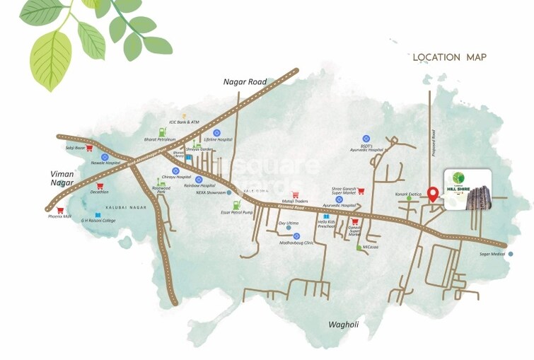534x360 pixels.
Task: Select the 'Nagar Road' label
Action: (x=245, y=82)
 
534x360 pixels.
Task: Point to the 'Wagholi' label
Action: (x=345, y=325)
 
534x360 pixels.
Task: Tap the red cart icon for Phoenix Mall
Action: (x=61, y=210)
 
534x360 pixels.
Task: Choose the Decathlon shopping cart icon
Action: (x=100, y=186)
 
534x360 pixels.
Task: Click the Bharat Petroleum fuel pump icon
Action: (x=163, y=132)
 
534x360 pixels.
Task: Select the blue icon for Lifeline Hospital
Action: (x=218, y=132)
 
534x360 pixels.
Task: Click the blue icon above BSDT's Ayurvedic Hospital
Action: (x=366, y=139)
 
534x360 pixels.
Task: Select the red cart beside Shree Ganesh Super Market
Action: (x=361, y=190)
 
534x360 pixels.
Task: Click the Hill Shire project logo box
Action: (x=468, y=187)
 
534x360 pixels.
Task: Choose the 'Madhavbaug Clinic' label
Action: (x=296, y=243)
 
